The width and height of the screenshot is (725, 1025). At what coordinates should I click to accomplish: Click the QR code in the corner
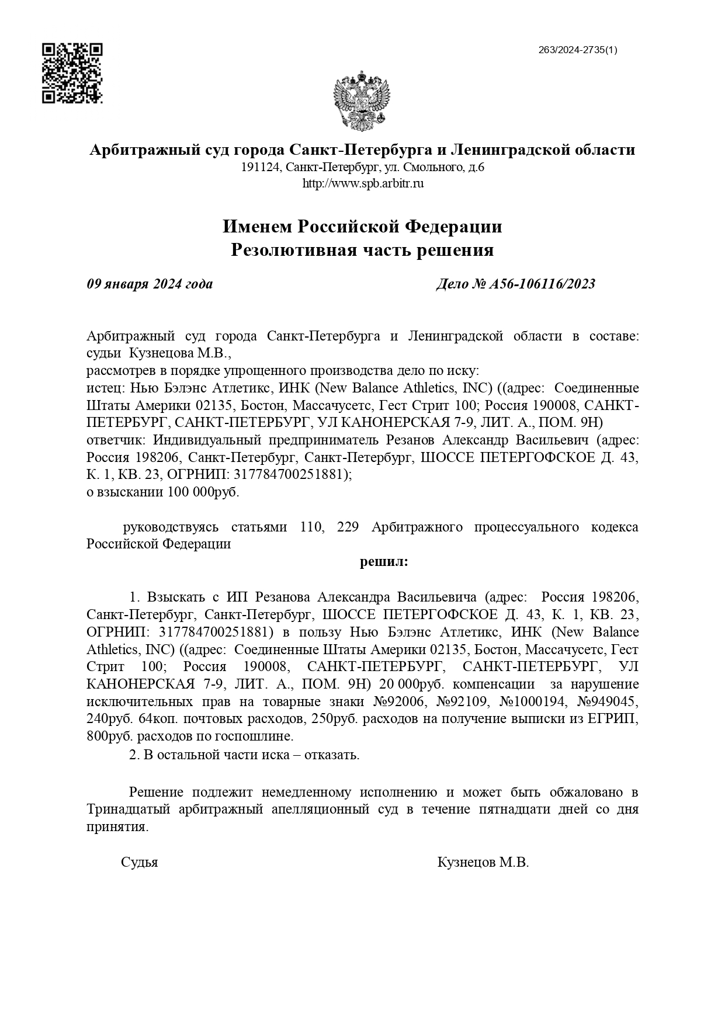pos(72,73)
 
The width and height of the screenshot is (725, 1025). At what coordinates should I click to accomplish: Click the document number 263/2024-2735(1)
pos(577,50)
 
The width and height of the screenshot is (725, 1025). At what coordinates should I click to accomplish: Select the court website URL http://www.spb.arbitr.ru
pos(362,183)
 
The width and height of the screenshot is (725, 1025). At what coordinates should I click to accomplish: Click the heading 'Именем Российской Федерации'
pos(362,226)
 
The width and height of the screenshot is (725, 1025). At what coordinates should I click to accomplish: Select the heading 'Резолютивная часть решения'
pos(362,251)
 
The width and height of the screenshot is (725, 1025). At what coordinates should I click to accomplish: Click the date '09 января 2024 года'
pos(150,284)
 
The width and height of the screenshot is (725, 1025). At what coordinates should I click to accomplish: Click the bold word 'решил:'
pos(383,562)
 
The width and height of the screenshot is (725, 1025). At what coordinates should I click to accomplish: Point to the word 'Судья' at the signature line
pos(139,863)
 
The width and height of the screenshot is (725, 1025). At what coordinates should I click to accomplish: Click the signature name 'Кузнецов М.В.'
pos(483,863)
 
